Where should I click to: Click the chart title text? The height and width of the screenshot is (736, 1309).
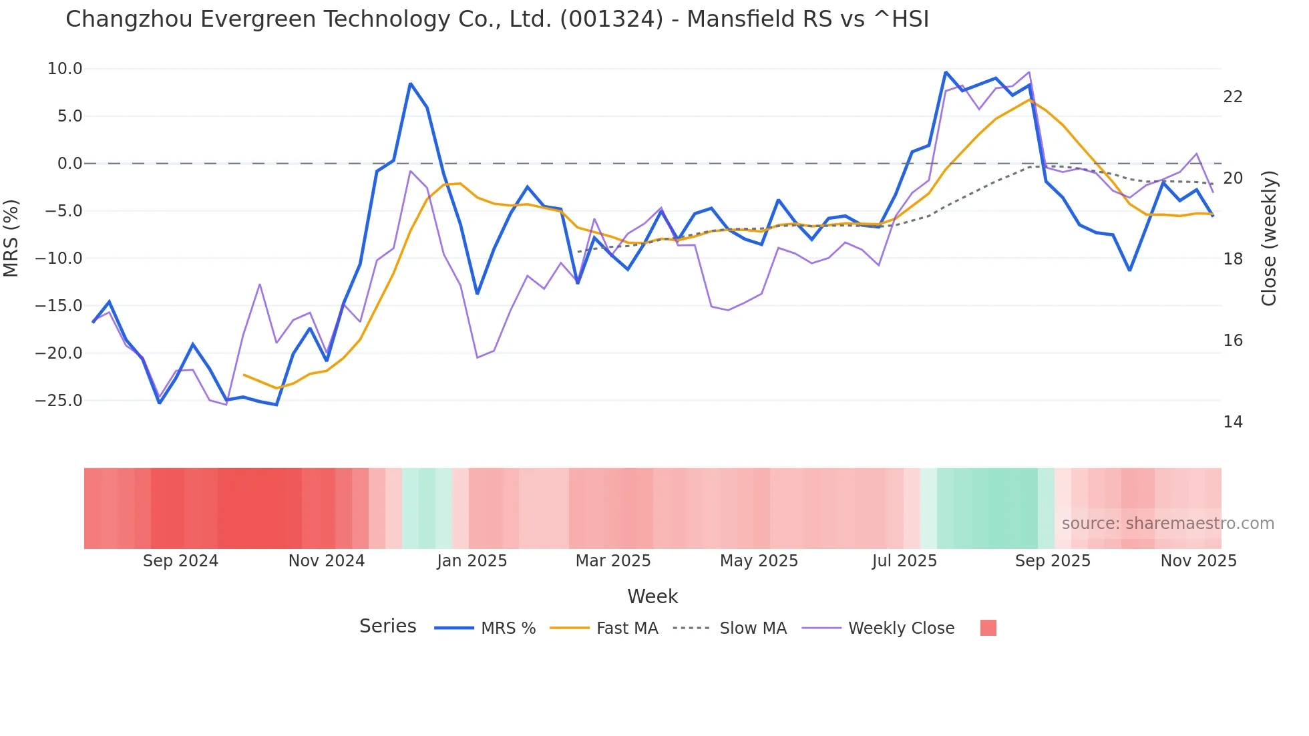[x=497, y=19]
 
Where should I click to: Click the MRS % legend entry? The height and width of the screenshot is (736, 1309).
[x=508, y=628]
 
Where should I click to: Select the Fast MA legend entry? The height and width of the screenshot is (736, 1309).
[x=626, y=628]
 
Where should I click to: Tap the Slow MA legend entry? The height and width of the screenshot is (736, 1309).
[x=753, y=628]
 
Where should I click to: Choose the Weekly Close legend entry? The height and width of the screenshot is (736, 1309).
[x=900, y=628]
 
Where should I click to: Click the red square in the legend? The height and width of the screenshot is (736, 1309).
[x=988, y=628]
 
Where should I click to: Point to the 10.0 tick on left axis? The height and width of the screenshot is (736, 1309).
[x=65, y=69]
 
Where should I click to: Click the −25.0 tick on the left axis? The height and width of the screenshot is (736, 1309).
[x=59, y=401]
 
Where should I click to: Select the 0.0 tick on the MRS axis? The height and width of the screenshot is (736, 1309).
[x=69, y=164]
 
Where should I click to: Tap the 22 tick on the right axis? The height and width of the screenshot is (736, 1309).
[x=1233, y=97]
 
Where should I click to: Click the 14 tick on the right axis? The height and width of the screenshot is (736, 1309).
[x=1233, y=422]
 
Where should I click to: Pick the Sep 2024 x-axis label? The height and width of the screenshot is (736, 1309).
[x=180, y=561]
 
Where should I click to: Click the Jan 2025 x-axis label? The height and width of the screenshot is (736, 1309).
[x=472, y=561]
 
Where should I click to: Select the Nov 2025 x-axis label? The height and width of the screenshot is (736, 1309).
[x=1198, y=561]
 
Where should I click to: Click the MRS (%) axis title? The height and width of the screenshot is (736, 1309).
[x=11, y=238]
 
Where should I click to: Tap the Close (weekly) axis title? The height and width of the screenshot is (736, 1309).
[x=1269, y=238]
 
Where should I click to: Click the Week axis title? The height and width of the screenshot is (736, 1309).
[x=652, y=596]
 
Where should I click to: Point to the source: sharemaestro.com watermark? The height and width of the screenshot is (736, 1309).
[x=1167, y=524]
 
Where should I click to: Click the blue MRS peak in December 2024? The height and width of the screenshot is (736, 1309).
[x=410, y=84]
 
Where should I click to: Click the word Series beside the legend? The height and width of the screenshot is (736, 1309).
[x=387, y=626]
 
